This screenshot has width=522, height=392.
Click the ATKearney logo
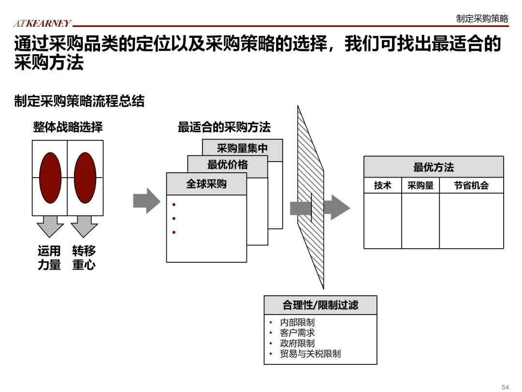click(42, 23)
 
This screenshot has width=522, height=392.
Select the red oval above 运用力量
click(50, 178)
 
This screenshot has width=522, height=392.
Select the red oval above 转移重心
click(85, 178)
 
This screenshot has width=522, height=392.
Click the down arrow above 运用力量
click(50, 226)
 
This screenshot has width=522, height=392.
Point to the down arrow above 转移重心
click(85, 226)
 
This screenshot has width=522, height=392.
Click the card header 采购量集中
click(242, 149)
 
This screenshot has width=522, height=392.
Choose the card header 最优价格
click(227, 165)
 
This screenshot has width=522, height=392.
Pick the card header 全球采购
click(206, 184)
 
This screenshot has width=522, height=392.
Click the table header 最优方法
click(434, 167)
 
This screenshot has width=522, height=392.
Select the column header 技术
click(382, 185)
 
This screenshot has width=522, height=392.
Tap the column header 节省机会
click(471, 185)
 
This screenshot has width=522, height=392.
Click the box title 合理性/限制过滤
click(320, 305)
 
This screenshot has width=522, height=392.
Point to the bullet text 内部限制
click(297, 322)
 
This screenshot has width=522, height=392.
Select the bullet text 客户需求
click(297, 333)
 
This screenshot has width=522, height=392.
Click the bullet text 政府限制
click(297, 344)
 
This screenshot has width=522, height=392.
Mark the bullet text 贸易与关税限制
click(310, 354)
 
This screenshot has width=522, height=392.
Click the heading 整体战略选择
click(68, 127)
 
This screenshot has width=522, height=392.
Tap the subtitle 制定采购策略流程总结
click(79, 101)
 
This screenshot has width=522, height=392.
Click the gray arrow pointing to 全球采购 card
click(146, 200)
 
